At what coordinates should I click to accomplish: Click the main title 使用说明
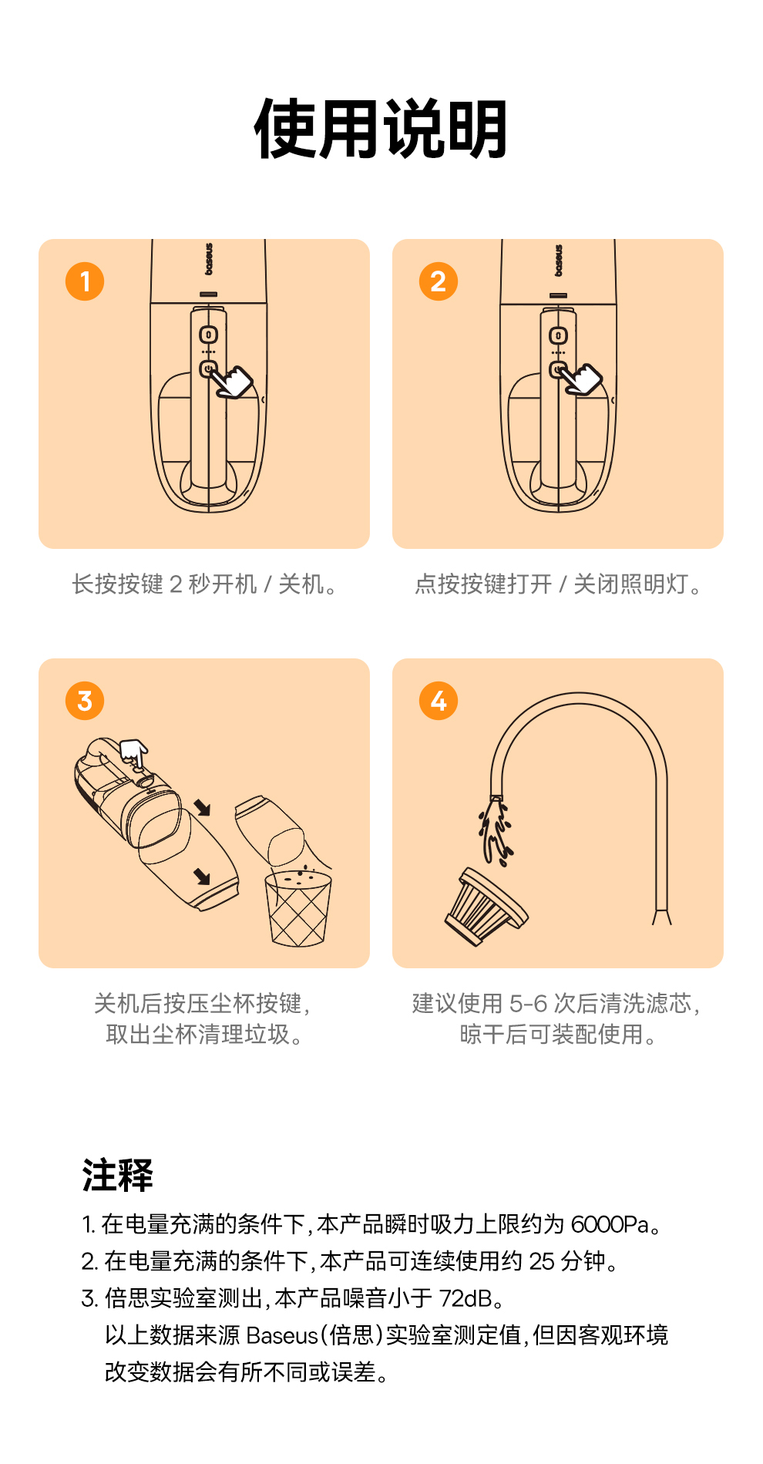[381, 130]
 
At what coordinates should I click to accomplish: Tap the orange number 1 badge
[85, 281]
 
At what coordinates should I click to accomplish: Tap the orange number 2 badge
[439, 281]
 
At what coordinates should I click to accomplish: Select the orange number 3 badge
[85, 701]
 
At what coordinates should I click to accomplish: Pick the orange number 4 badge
[439, 701]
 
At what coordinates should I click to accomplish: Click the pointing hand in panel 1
[234, 381]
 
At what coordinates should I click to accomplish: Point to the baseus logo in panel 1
[209, 260]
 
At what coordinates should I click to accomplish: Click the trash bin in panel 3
[298, 909]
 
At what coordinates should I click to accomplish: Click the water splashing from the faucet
[496, 831]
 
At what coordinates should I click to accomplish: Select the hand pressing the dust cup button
[134, 752]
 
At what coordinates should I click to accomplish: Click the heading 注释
[118, 1176]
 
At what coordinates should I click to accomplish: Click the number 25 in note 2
[542, 1261]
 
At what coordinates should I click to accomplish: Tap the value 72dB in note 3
[466, 1298]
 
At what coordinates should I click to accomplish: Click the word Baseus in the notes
[282, 1335]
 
